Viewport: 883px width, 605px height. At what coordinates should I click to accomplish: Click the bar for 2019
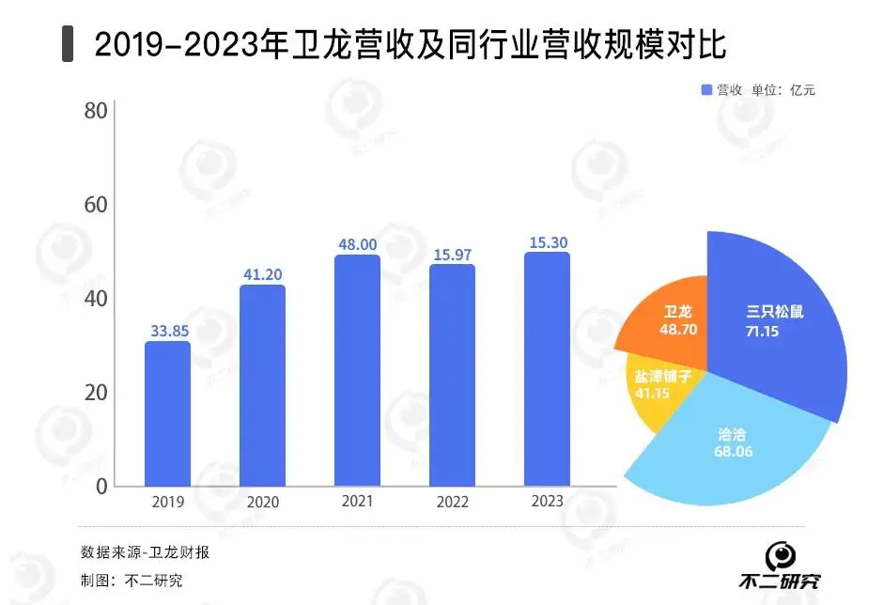167,414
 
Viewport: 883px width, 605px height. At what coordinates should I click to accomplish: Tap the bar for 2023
547,369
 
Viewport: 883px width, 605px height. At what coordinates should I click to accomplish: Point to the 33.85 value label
168,331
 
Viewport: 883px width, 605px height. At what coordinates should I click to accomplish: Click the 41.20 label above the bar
262,274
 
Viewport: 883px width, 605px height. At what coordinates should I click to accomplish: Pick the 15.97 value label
452,254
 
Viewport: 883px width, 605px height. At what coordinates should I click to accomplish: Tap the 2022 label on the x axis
452,502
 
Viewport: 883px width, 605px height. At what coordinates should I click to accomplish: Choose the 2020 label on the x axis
262,502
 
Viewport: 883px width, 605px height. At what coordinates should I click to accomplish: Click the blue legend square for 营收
706,90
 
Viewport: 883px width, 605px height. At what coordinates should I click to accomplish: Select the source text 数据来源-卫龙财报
145,551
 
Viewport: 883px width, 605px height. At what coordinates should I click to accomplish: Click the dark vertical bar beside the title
68,44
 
